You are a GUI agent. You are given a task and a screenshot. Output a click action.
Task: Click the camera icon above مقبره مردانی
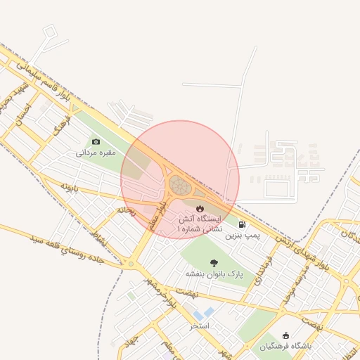coord(96,141)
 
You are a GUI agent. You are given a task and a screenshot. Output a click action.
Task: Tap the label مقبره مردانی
coord(96,152)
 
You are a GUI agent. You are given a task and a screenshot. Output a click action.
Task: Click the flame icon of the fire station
coord(200,208)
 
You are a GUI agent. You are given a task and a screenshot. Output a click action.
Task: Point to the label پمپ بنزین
coord(243,236)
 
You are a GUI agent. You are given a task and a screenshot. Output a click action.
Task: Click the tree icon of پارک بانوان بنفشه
coord(214,262)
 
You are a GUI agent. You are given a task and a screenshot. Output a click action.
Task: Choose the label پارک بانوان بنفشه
coord(214,273)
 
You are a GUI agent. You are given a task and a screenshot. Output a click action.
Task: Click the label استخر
coord(200,326)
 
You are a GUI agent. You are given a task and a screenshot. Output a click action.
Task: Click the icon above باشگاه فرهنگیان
coord(285,335)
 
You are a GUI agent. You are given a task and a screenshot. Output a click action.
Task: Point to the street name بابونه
coord(67,187)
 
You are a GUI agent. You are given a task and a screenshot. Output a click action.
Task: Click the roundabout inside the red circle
coord(179,186)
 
